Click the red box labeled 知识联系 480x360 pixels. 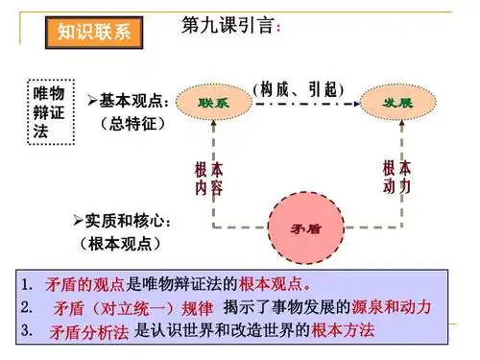click(92, 33)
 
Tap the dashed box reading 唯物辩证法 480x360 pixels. click(48, 110)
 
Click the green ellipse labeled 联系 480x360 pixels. click(216, 101)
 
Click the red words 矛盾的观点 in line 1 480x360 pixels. click(84, 285)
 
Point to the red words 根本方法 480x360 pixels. click(342, 331)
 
